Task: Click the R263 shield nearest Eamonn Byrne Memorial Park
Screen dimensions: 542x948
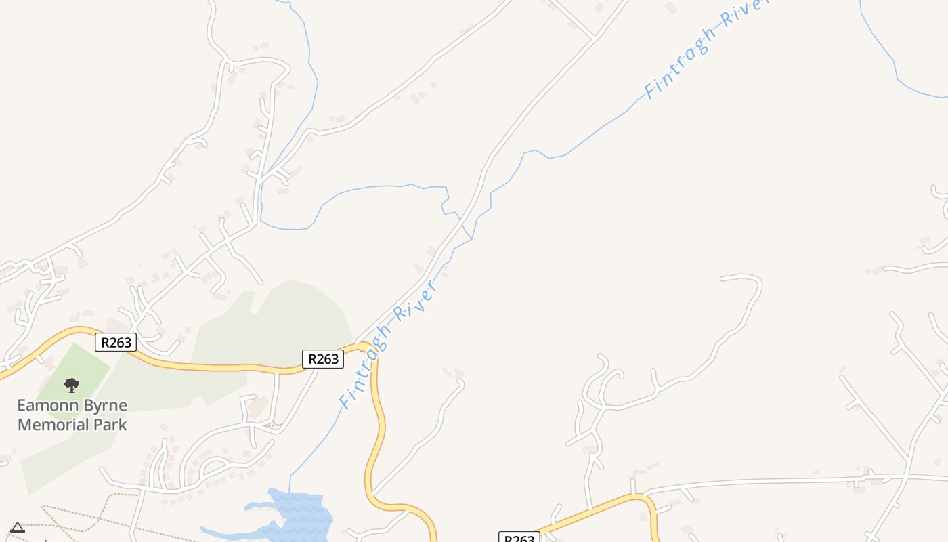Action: click(x=116, y=342)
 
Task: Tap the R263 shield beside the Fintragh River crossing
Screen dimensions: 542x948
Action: click(x=323, y=358)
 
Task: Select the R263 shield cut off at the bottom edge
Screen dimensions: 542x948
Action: click(x=519, y=538)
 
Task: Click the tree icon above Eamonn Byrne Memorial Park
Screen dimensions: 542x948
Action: click(x=72, y=385)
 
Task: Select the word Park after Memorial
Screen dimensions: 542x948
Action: click(x=109, y=425)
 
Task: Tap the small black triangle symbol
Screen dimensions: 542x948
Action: click(x=18, y=527)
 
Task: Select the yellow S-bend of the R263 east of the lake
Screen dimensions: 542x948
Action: click(x=376, y=447)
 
